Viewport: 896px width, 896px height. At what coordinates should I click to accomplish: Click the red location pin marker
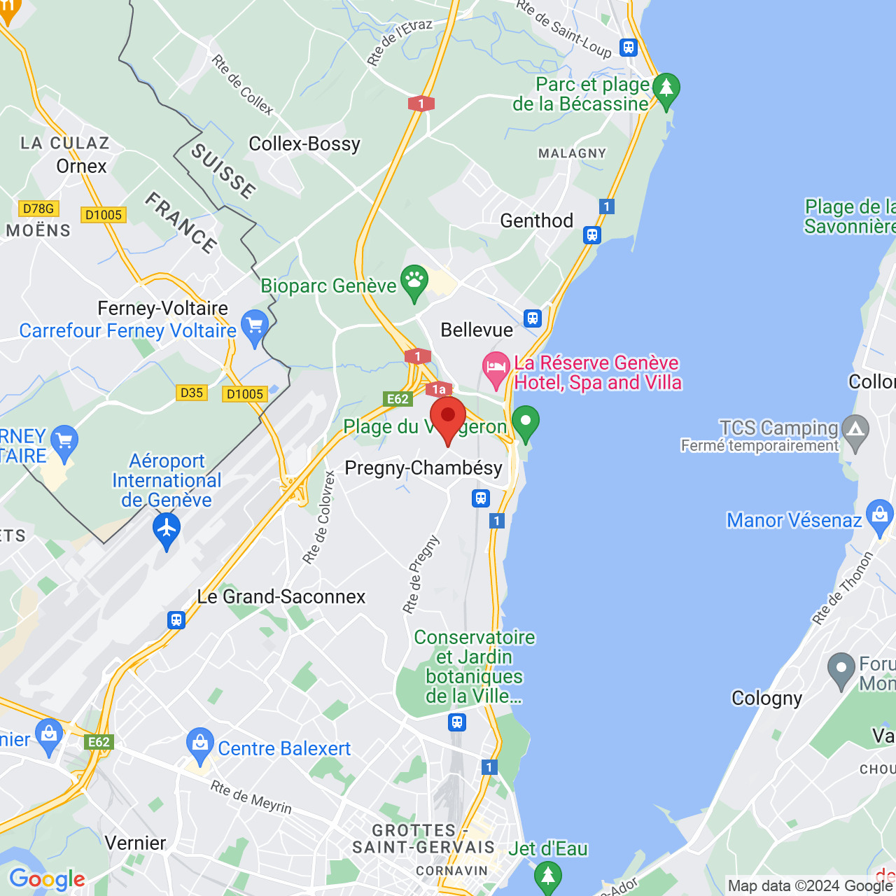point(448,419)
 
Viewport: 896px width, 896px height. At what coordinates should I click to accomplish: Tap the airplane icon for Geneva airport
point(167,529)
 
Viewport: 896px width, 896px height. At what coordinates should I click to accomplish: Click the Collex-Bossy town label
point(304,144)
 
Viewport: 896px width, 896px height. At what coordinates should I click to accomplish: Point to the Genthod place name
point(537,221)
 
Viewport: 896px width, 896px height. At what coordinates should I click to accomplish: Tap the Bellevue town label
point(477,330)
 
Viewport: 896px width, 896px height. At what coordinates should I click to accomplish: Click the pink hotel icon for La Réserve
point(496,368)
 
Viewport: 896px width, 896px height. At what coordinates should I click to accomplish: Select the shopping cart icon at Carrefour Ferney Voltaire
point(254,326)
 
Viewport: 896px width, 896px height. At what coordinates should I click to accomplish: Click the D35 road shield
point(191,393)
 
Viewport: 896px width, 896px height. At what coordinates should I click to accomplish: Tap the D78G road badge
point(38,209)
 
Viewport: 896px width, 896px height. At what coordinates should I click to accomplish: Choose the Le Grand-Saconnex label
point(281,597)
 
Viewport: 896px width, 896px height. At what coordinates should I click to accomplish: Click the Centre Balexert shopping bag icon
point(200,745)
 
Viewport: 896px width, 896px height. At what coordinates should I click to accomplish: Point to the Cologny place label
point(766,699)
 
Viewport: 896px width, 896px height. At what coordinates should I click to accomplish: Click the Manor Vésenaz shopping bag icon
point(879,516)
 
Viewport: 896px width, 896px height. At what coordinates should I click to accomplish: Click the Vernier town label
point(136,843)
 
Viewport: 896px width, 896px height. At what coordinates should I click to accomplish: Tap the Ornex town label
point(82,167)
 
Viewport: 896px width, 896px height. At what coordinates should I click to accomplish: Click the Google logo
point(47,879)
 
